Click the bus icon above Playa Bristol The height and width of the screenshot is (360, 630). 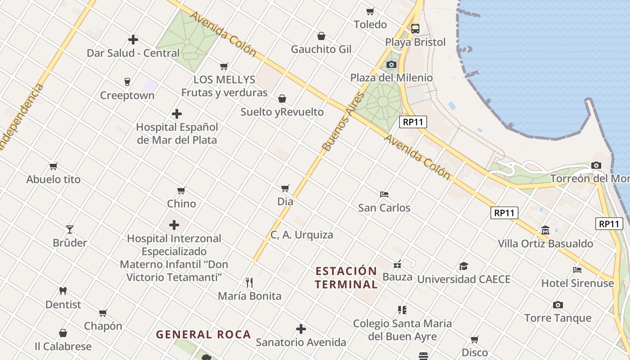415,29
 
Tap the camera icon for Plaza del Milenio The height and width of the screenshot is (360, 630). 391,64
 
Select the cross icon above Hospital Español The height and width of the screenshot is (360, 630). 177,114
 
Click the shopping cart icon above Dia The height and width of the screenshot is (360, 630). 285,188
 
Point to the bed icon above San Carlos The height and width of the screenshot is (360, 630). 384,194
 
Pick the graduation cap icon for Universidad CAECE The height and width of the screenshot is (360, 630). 463,266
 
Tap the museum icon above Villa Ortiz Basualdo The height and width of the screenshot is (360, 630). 545,230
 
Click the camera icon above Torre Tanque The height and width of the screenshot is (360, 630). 558,305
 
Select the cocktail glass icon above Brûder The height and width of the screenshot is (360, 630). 70,229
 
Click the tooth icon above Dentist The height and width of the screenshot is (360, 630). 63,291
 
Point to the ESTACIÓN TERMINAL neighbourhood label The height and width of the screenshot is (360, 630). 346,278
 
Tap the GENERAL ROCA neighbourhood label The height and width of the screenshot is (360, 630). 203,334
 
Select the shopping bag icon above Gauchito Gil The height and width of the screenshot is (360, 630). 321,36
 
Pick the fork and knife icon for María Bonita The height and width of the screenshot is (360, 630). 249,283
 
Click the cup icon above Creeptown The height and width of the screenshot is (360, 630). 127,82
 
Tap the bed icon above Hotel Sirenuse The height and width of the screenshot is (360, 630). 577,270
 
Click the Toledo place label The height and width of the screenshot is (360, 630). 370,24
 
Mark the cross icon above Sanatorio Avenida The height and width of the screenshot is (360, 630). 301,329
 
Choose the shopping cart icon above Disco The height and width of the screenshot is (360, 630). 475,339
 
